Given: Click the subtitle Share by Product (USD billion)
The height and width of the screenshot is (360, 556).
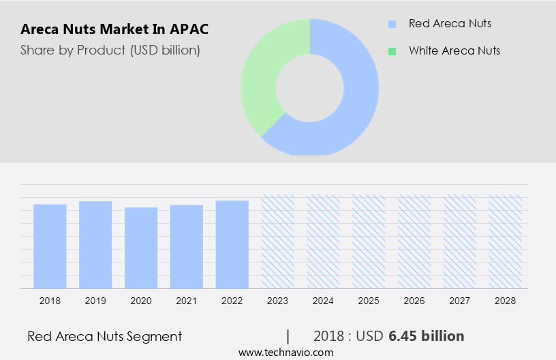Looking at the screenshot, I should click(110, 50).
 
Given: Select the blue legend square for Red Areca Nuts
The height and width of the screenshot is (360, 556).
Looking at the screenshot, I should click(392, 24).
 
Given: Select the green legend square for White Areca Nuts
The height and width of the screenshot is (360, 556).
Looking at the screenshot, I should click(392, 51).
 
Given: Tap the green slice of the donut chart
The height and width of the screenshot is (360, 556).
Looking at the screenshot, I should click(262, 75).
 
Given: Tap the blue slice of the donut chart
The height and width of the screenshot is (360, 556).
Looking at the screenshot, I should click(354, 102).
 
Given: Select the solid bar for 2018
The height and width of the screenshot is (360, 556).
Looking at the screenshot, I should click(50, 246).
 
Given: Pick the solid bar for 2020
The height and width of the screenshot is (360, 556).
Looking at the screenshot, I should click(141, 247).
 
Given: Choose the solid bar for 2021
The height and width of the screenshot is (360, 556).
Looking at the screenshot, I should click(187, 246).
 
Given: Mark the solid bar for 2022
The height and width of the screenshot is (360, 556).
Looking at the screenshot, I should click(232, 244).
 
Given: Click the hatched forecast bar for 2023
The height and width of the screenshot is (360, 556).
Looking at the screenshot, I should click(278, 241).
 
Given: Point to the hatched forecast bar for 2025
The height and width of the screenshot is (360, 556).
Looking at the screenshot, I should click(369, 241).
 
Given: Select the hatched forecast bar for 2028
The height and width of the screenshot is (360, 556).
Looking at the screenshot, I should click(506, 241).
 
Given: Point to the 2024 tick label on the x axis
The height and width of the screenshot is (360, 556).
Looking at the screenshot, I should click(323, 300).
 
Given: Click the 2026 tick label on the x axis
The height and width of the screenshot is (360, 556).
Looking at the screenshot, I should click(414, 300).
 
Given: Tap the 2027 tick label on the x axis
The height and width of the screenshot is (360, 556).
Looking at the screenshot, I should click(460, 300).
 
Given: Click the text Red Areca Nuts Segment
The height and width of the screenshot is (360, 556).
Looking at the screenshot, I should click(105, 336).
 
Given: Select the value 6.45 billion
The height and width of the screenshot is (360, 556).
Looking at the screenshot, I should click(427, 336).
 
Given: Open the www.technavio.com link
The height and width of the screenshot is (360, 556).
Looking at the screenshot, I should click(286, 352).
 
